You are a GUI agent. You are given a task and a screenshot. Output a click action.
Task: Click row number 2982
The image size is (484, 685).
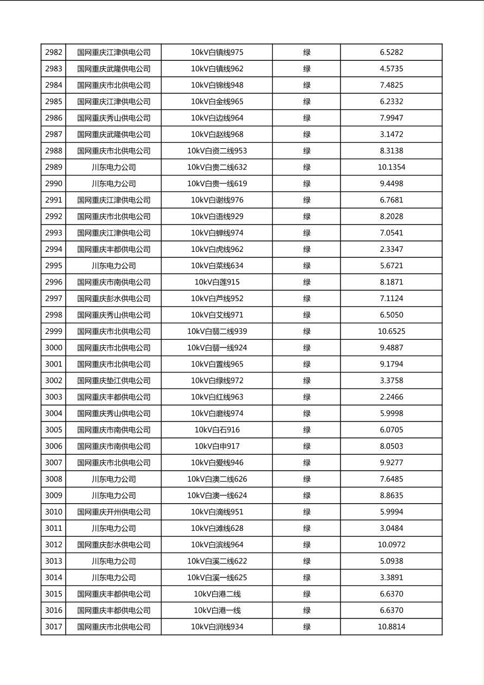[x=53, y=53]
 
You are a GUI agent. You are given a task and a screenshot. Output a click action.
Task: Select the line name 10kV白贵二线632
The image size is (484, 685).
[x=217, y=167]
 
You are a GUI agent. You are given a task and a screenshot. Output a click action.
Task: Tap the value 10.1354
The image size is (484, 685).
[x=391, y=167]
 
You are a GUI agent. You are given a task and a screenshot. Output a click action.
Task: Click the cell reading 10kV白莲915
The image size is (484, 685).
[x=217, y=282]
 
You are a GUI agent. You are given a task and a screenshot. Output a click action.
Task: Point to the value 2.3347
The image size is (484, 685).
[x=391, y=249]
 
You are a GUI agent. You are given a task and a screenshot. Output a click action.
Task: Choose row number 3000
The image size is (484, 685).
[x=53, y=348]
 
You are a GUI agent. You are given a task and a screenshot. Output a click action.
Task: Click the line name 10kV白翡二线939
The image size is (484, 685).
[x=217, y=332]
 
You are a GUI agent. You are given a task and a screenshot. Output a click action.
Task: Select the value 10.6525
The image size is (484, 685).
[x=391, y=332]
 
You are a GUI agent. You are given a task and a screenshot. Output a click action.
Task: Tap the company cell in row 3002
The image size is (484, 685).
[x=113, y=380]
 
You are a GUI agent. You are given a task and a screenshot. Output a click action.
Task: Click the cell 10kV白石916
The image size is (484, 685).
[x=217, y=430]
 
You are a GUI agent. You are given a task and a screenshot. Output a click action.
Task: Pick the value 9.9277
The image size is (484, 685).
[x=391, y=462]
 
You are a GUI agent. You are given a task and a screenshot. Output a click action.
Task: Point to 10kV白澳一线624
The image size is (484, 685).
[x=217, y=496]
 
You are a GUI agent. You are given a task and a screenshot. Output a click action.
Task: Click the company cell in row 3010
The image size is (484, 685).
[x=113, y=512]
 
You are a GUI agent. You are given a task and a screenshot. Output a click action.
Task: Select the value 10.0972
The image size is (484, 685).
[x=391, y=544]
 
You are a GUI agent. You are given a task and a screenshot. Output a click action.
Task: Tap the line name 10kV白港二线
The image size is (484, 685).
[x=217, y=594]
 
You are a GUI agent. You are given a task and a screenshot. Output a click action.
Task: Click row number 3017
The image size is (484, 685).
[x=53, y=627]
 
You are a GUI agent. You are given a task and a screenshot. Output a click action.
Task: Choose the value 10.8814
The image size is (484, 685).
[x=391, y=627]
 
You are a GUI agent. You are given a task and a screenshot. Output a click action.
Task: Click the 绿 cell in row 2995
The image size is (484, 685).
[x=307, y=266]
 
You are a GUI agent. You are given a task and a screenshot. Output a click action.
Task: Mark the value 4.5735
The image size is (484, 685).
[x=391, y=69]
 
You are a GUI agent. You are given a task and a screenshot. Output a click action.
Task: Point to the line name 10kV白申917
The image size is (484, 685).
[x=217, y=446]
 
